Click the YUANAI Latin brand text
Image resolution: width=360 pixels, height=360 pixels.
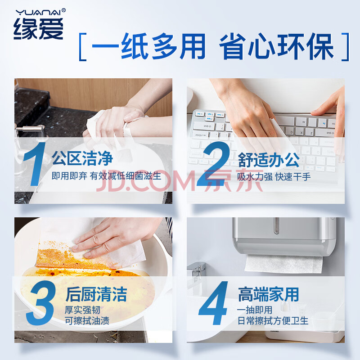(x=38, y=12)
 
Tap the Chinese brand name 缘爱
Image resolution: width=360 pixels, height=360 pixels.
(x=38, y=28)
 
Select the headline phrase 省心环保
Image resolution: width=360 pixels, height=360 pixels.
(x=276, y=47)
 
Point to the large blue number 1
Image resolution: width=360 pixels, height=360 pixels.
(x=35, y=164)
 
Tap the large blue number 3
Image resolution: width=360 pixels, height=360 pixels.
(x=41, y=302)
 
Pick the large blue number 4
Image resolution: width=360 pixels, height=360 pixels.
(x=213, y=303)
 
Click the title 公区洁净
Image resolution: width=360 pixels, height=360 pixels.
(x=82, y=158)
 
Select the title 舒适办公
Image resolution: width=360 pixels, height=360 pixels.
(x=269, y=160)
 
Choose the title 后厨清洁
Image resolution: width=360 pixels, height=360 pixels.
(x=96, y=294)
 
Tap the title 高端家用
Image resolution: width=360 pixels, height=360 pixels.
(x=268, y=294)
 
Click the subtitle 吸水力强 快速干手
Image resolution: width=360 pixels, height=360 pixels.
(x=274, y=177)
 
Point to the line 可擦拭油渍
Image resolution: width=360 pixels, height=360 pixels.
(x=87, y=320)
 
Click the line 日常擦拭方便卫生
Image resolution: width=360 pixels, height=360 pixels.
(x=273, y=320)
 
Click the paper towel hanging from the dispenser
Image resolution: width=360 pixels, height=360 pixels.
(x=283, y=264)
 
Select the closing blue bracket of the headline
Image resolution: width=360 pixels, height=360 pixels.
(x=346, y=47)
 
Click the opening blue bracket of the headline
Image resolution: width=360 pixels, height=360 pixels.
(x=83, y=47)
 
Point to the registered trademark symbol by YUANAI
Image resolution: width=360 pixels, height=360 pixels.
(x=63, y=10)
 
